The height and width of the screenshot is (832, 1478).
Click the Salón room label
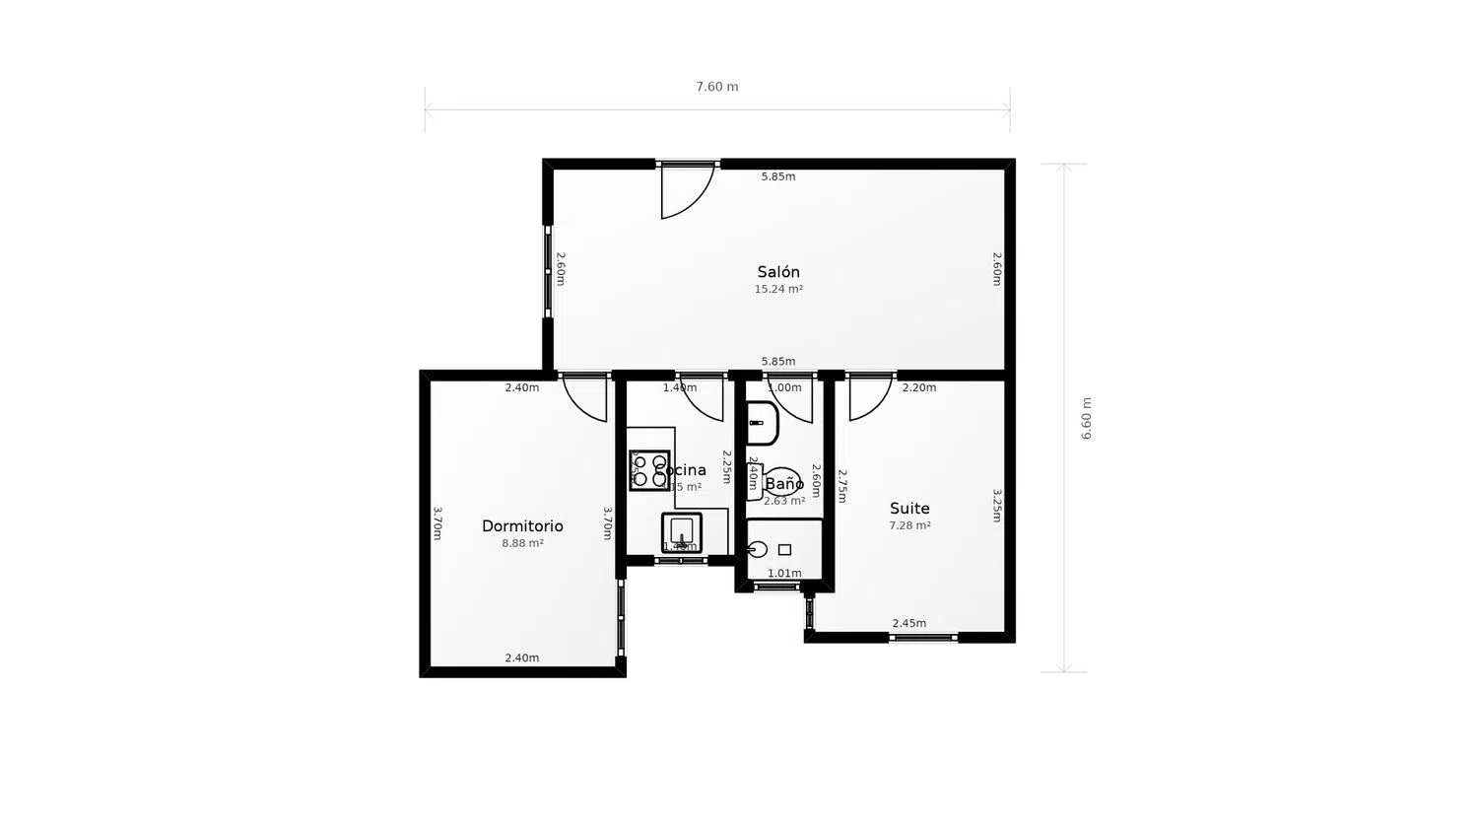point(778,272)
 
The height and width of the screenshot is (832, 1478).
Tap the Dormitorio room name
point(522,526)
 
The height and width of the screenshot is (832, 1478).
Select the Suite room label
point(909,509)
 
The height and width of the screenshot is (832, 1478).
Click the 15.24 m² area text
point(778,290)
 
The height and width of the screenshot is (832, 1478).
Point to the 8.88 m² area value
point(522,543)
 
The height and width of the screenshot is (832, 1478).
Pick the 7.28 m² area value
point(909,525)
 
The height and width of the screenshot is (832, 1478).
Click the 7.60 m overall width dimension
point(717,87)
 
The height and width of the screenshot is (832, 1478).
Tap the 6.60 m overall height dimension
point(1087,418)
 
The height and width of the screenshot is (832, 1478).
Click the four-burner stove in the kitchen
point(649,470)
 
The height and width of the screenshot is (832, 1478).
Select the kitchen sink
point(681,532)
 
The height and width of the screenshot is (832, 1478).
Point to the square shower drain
point(784,549)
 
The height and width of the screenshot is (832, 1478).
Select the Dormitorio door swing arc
point(586,398)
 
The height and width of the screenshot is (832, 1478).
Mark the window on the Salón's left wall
point(549,271)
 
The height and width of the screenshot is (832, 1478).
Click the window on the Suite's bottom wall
point(922,638)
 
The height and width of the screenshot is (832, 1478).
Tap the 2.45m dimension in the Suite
point(908,623)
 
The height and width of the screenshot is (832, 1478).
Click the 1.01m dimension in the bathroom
point(784,573)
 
